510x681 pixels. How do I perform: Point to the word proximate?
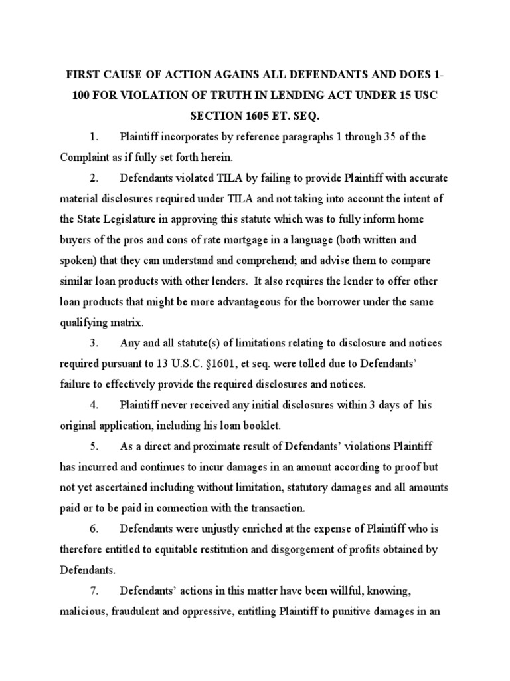tap(211, 446)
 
